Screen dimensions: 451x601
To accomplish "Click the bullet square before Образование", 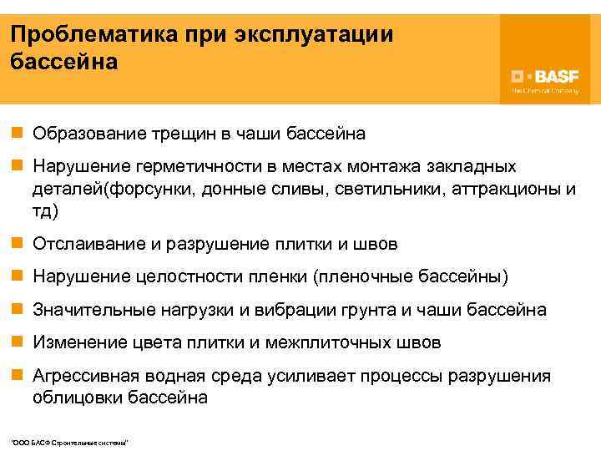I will [x=17, y=134].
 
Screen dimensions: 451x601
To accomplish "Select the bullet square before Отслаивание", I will [x=17, y=245].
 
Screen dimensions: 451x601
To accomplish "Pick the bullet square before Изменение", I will [x=17, y=342].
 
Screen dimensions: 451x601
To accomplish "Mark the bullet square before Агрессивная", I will [x=17, y=376].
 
